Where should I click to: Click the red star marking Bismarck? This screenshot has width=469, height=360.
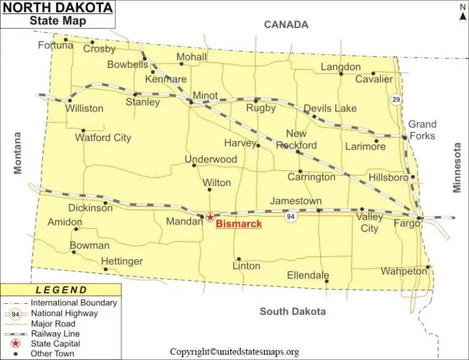point(210,217)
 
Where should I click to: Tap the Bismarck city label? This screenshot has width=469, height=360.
point(239,225)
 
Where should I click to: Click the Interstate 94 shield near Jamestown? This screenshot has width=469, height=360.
point(290,217)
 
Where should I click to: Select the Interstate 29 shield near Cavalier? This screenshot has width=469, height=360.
point(397,99)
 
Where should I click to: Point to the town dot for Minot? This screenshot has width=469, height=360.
point(191,103)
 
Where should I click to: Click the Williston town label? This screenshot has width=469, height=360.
point(85,109)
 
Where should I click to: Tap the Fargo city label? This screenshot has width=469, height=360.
point(406,224)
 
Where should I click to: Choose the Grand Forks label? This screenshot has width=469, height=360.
point(422,130)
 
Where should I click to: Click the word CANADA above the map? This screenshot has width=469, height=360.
point(286,25)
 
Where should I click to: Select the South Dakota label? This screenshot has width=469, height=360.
point(293,312)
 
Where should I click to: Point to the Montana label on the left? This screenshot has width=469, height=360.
point(18,153)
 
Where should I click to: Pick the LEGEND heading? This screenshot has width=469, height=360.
point(61,290)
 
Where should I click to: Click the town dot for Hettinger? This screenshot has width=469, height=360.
point(105,269)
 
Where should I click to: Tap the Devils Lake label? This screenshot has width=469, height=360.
point(330,109)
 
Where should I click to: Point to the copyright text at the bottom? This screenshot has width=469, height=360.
point(234,352)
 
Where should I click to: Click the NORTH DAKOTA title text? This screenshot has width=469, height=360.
point(57,9)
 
